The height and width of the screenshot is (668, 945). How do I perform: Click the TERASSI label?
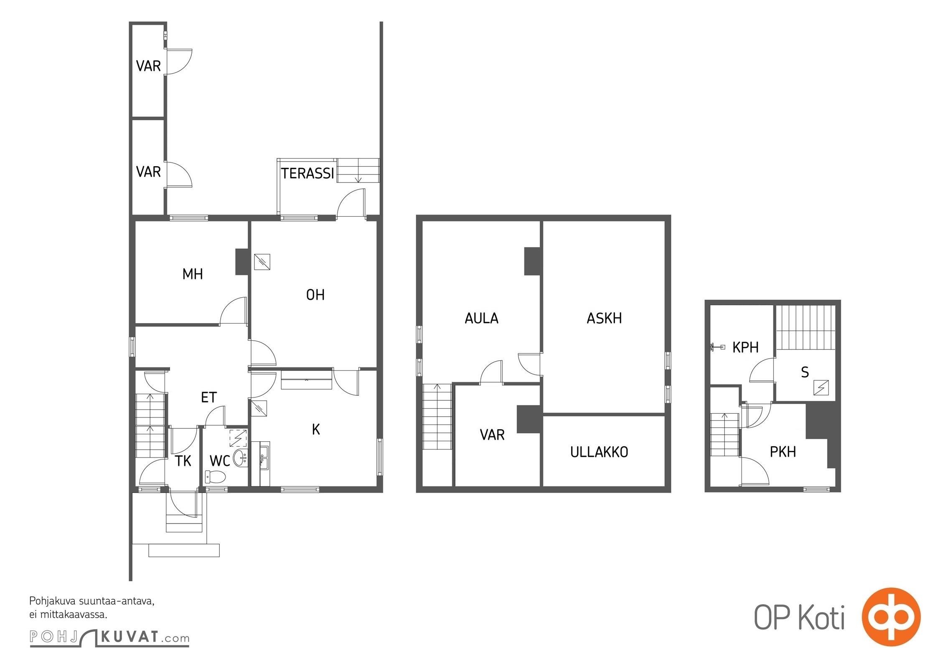click(308, 173)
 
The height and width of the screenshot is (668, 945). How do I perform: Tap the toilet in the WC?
click(215, 476)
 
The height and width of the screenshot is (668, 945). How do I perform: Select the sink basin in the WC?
click(240, 458)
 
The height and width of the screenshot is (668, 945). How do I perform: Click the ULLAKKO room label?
click(599, 452)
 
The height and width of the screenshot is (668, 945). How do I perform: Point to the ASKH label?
click(604, 318)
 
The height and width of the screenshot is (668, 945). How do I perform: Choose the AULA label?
click(482, 318)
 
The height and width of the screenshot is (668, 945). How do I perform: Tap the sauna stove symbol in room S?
click(821, 388)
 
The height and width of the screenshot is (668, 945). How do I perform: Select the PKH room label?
click(782, 452)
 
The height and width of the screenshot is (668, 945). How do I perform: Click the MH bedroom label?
click(193, 274)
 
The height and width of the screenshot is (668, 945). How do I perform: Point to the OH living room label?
click(315, 295)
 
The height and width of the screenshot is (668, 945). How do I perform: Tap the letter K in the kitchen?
click(316, 429)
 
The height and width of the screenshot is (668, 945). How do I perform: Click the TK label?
click(183, 461)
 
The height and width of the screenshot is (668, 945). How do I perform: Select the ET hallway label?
click(209, 397)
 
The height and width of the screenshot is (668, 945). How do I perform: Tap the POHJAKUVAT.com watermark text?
click(109, 638)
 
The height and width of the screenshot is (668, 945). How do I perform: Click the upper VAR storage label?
click(148, 66)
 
